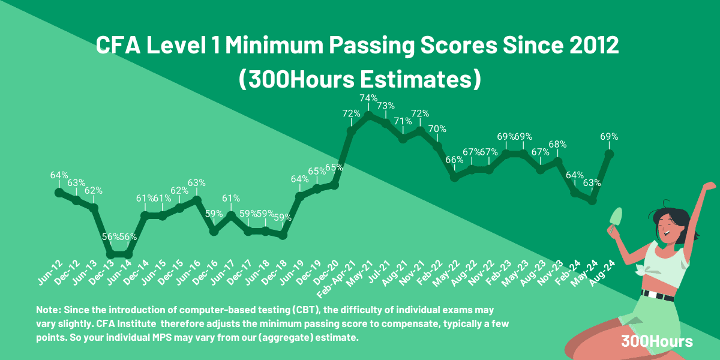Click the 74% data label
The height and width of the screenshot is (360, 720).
[x=369, y=98]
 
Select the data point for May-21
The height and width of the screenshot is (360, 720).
[x=369, y=114]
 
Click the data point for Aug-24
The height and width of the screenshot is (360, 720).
[x=610, y=154]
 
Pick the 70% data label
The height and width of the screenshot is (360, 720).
[x=437, y=128]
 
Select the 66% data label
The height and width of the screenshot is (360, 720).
[x=455, y=160]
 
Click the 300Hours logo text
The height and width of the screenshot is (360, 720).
[x=657, y=341]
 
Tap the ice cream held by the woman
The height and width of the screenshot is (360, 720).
[x=616, y=218]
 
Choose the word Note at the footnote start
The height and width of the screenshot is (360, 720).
[x=48, y=310]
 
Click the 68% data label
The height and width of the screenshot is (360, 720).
[x=558, y=144]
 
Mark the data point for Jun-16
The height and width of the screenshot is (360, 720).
[x=197, y=200]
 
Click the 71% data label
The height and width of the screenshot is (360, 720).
[x=403, y=121]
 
